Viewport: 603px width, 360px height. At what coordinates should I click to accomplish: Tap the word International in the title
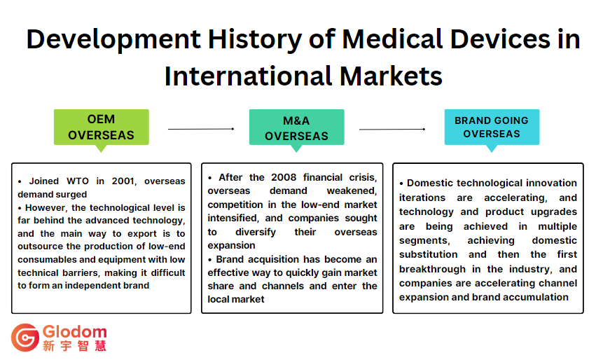coord(247,76)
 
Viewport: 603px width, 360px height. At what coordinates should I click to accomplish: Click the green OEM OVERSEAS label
coord(101,127)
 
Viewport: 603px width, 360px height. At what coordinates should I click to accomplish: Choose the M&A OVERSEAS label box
coord(296,128)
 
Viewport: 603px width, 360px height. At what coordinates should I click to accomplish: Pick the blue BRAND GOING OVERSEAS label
coord(492,127)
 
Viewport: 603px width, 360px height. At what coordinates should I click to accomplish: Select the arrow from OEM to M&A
coord(200,129)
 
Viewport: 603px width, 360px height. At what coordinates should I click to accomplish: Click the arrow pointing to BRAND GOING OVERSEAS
coord(392,129)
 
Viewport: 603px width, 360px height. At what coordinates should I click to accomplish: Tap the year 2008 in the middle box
coord(286,177)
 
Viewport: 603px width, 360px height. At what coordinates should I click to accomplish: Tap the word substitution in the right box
coord(429,254)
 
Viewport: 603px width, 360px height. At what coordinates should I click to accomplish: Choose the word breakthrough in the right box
coord(434,269)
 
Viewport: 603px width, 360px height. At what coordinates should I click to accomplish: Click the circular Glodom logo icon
coord(25,338)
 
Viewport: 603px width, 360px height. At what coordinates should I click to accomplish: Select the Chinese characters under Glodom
coord(74,345)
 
